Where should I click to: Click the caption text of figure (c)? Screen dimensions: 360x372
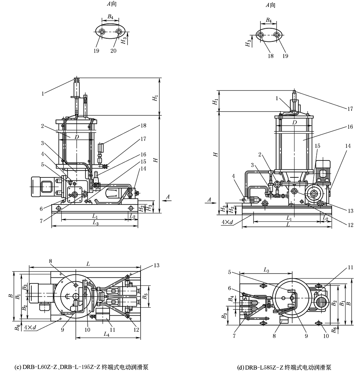click(81, 367)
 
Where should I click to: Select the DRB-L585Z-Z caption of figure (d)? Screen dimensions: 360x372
click(284, 367)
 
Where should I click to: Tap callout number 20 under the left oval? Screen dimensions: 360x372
click(113, 51)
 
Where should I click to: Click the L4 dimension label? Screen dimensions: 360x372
click(106, 334)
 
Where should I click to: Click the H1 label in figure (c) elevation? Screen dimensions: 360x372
click(155, 98)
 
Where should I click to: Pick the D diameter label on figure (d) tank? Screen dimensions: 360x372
click(294, 123)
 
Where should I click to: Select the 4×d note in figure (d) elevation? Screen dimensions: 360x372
click(227, 222)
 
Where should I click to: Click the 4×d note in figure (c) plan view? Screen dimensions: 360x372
click(30, 328)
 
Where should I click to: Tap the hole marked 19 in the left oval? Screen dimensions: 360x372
click(102, 32)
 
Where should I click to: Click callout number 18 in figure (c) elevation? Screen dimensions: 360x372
click(143, 125)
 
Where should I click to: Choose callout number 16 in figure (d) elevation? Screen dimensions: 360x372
click(350, 127)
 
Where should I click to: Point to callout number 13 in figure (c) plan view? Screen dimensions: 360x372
click(157, 265)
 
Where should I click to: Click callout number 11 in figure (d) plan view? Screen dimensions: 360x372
click(350, 268)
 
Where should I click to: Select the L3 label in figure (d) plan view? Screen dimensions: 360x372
click(266, 270)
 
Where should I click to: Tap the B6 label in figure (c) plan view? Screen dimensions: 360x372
click(17, 328)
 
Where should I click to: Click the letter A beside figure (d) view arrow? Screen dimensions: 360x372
click(209, 200)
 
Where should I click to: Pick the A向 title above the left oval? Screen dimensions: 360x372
click(111, 4)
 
